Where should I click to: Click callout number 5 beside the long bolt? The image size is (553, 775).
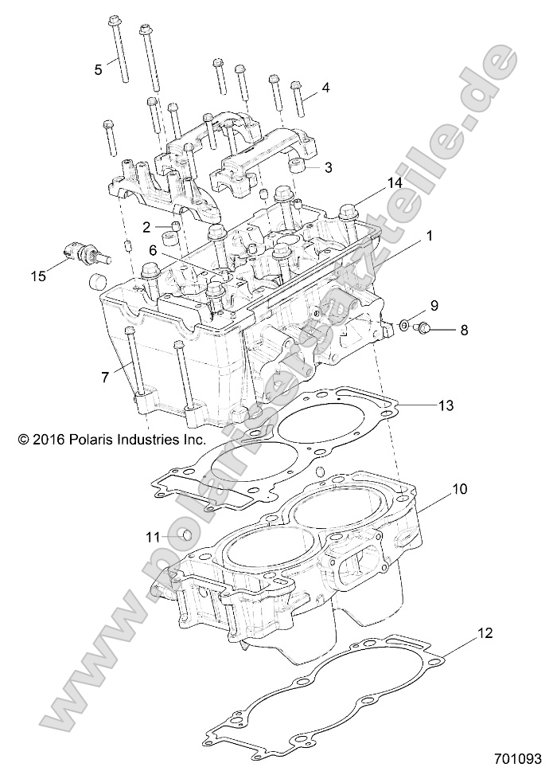point(99,69)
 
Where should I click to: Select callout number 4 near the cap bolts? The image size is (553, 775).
point(325,87)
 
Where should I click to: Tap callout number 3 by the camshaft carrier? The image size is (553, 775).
point(327,168)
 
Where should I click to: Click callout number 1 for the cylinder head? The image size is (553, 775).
point(429,237)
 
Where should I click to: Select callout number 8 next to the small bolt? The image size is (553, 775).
point(463,328)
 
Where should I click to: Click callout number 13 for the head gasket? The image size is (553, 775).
point(446,405)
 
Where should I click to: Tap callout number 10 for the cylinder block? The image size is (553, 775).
point(461,488)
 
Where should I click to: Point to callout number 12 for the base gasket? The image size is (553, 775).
point(485,634)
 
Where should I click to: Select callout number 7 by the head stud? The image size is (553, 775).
point(104,377)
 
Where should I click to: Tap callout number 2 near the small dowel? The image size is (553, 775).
point(146,227)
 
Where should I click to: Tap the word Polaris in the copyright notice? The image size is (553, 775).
point(94,439)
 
